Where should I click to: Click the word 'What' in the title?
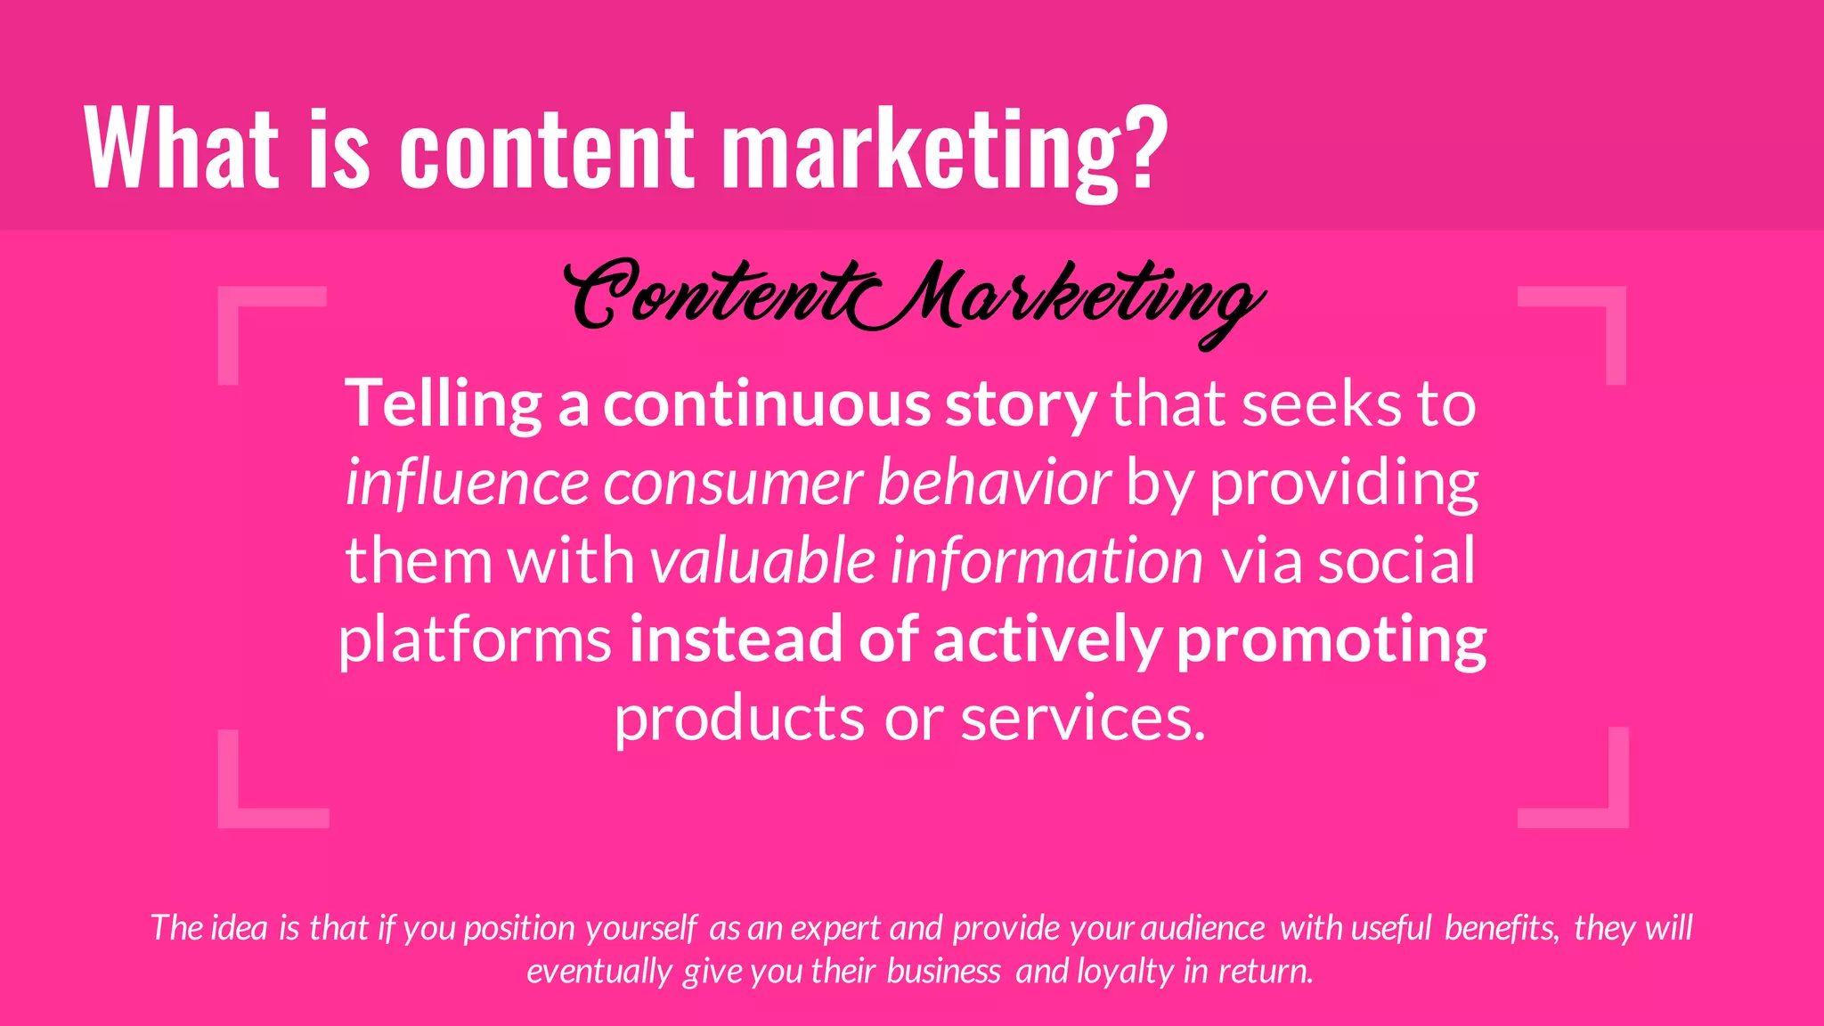click(181, 147)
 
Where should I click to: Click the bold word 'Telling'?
click(443, 404)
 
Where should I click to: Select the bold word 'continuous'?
click(767, 404)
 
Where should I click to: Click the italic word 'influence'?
click(467, 483)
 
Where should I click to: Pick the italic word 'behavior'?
click(994, 483)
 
